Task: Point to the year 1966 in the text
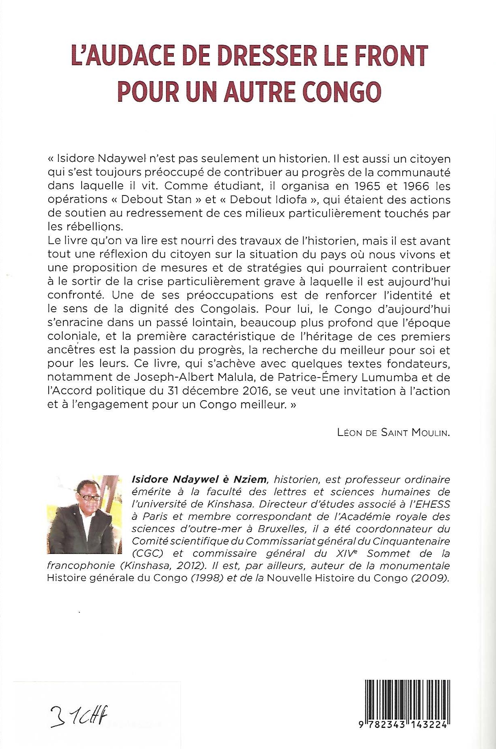click(414, 186)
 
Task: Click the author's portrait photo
click(84, 514)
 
